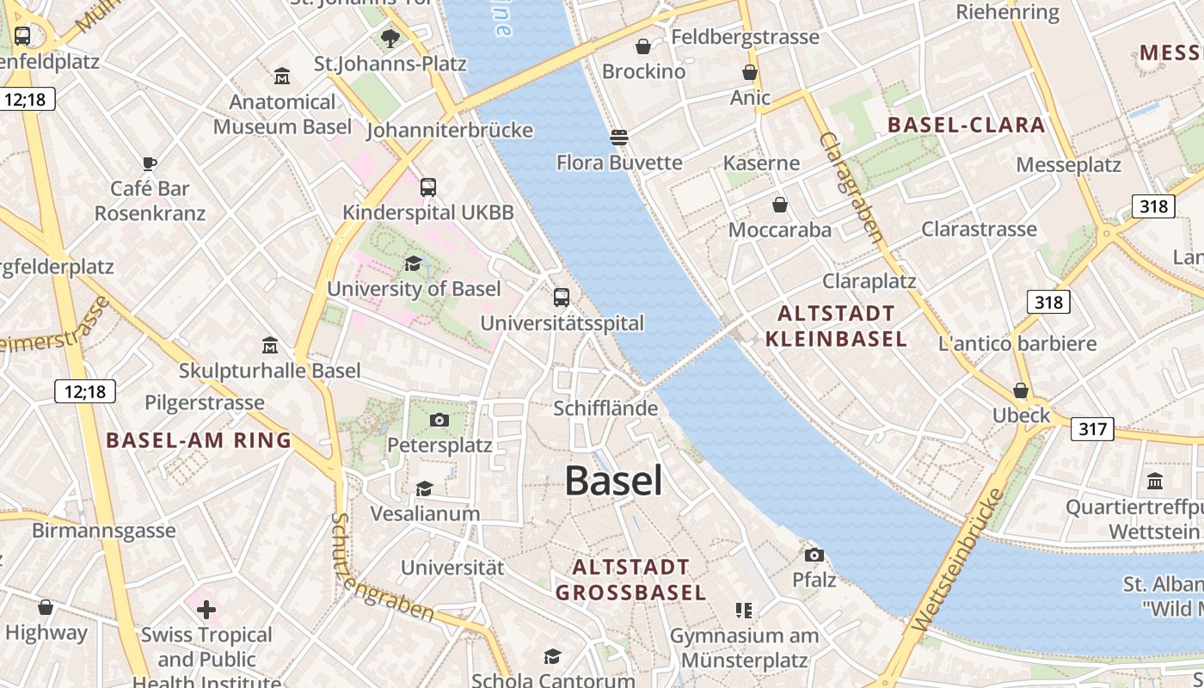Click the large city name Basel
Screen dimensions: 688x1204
pos(613,481)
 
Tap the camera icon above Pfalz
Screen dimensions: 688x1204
pos(814,555)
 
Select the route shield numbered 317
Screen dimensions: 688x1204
pos(1092,428)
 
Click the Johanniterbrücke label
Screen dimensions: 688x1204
pos(450,131)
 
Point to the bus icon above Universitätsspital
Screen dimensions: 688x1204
pos(562,298)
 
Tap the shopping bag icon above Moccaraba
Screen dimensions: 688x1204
pos(779,205)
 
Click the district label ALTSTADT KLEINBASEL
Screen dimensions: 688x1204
pos(836,326)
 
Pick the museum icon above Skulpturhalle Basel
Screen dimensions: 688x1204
pos(270,346)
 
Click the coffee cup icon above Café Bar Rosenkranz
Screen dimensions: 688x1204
pos(150,163)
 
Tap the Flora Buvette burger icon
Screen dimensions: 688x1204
pos(618,138)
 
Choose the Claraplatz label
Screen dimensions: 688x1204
pos(869,281)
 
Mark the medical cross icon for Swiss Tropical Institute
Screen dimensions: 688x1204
pos(206,610)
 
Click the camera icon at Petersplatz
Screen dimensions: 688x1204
pos(439,420)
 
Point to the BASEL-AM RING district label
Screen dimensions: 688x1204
pos(199,441)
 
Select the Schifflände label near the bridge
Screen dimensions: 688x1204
pos(605,408)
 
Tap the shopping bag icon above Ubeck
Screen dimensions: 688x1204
pos(1020,390)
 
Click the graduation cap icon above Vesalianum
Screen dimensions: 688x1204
pos(424,488)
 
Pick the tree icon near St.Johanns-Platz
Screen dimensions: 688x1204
pos(390,38)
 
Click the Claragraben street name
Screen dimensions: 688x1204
pos(851,187)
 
